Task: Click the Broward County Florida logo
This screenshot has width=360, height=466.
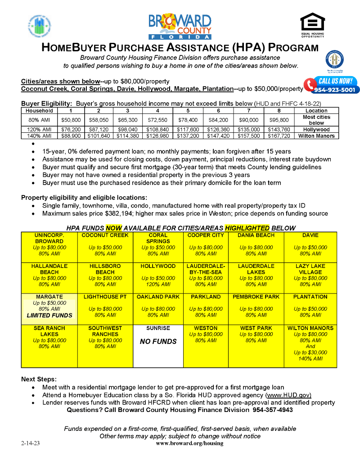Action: coord(180,26)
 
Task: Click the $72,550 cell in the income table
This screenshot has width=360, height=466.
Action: coord(157,120)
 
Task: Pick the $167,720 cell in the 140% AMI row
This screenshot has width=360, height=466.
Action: coord(279,136)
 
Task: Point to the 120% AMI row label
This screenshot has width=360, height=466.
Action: coord(39,129)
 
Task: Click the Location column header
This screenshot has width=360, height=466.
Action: coord(316,110)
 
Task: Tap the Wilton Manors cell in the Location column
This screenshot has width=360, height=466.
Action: coord(316,136)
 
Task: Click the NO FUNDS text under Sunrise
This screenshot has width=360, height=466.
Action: coord(158,342)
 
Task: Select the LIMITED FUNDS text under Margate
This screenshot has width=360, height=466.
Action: coord(49,315)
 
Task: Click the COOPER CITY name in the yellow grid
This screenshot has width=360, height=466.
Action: coord(206,235)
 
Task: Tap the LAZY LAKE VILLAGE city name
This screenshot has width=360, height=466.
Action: coord(310,269)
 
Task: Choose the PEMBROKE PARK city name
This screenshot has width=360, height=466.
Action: coord(256,297)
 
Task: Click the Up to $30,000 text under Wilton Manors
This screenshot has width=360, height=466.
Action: coord(310,353)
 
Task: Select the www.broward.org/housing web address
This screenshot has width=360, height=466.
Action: coord(189,443)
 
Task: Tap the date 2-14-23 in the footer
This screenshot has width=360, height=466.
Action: coord(30,443)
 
